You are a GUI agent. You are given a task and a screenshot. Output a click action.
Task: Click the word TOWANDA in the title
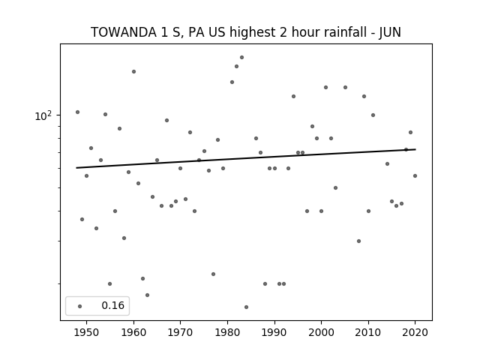pyautogui.click(x=124, y=32)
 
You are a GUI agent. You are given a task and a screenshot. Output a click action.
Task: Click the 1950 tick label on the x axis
pyautogui.click(x=87, y=332)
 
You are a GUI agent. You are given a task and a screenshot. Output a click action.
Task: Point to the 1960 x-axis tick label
pyautogui.click(x=133, y=332)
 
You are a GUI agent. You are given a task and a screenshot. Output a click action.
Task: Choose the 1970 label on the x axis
pyautogui.click(x=180, y=332)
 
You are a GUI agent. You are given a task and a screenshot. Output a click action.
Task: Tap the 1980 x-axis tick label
pyautogui.click(x=227, y=332)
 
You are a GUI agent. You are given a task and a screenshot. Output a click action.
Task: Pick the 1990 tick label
pyautogui.click(x=274, y=332)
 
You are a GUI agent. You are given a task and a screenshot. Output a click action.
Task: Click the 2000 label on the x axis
pyautogui.click(x=321, y=332)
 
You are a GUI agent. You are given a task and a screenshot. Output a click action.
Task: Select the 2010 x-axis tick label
pyautogui.click(x=368, y=332)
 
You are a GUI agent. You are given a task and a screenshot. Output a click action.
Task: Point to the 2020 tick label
pyautogui.click(x=415, y=332)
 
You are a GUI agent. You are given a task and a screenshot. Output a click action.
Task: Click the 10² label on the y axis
pyautogui.click(x=43, y=116)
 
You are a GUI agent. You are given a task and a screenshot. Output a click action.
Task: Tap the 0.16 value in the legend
pyautogui.click(x=113, y=305)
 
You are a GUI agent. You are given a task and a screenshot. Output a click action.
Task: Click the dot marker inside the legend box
pyautogui.click(x=80, y=306)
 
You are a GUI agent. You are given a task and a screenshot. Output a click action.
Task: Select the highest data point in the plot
pyautogui.click(x=241, y=57)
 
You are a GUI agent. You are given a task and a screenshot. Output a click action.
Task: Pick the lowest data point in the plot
pyautogui.click(x=247, y=307)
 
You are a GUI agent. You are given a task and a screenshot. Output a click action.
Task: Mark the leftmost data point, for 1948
pyautogui.click(x=77, y=112)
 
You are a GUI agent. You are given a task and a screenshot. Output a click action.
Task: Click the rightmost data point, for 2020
pyautogui.click(x=415, y=175)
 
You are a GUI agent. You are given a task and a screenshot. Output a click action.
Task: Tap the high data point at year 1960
pyautogui.click(x=133, y=72)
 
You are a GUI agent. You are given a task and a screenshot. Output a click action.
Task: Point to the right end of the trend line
pyautogui.click(x=415, y=149)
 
